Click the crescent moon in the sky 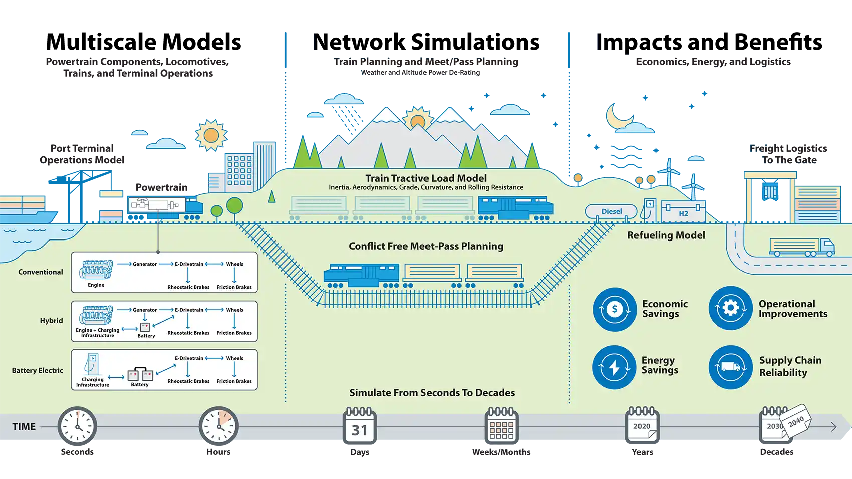(x=616, y=118)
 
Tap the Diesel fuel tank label (x=611, y=211)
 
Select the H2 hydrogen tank (x=683, y=212)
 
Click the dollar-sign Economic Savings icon (x=615, y=309)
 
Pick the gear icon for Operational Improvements (x=730, y=308)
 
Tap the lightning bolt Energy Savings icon (x=614, y=367)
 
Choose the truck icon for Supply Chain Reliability (x=730, y=367)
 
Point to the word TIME (x=24, y=427)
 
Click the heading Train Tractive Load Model (x=425, y=178)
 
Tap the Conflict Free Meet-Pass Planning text (x=425, y=246)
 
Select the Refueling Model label (x=666, y=235)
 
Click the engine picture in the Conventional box (x=95, y=270)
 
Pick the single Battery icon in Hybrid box (x=145, y=327)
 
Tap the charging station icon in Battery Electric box (x=92, y=364)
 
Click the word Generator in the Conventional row (x=145, y=264)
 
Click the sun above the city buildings (x=211, y=135)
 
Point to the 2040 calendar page (x=796, y=420)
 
